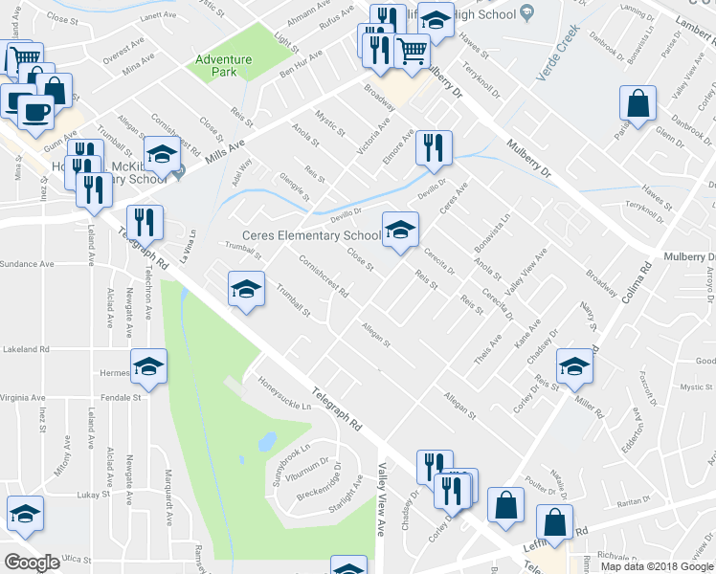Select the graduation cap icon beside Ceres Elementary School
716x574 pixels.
(x=401, y=230)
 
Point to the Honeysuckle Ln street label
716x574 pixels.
(x=286, y=394)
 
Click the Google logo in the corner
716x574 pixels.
(x=32, y=563)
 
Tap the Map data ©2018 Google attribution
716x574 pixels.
(x=658, y=566)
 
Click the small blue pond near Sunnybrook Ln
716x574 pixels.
(x=267, y=442)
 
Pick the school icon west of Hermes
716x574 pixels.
(x=149, y=366)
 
